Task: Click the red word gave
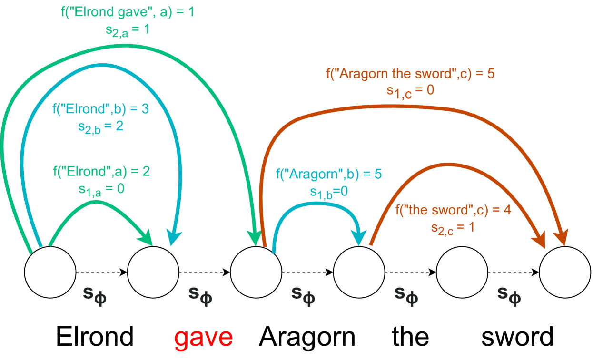pyautogui.click(x=204, y=338)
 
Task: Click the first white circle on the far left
pyautogui.click(x=50, y=272)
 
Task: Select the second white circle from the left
pyautogui.click(x=153, y=272)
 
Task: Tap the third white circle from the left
pyautogui.click(x=256, y=272)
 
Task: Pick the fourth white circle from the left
pyautogui.click(x=359, y=272)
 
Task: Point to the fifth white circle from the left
pyautogui.click(x=462, y=272)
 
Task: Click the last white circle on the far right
pyautogui.click(x=565, y=272)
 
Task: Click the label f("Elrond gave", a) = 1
pyautogui.click(x=128, y=12)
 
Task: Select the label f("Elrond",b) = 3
pyautogui.click(x=100, y=109)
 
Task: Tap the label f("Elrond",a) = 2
pyautogui.click(x=101, y=171)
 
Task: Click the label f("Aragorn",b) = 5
pyautogui.click(x=329, y=174)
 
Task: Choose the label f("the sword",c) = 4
pyautogui.click(x=453, y=210)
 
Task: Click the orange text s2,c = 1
pyautogui.click(x=453, y=227)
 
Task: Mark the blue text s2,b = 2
pyautogui.click(x=100, y=126)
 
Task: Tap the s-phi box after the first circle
pyautogui.click(x=95, y=292)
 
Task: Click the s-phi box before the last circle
pyautogui.click(x=509, y=291)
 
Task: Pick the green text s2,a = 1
pyautogui.click(x=127, y=29)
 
